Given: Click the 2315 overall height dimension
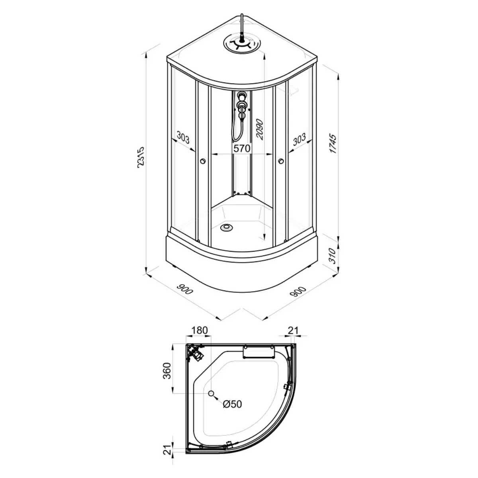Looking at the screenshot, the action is click(x=141, y=158).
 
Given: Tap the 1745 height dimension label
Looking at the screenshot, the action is click(x=333, y=144).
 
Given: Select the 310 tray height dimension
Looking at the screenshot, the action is click(x=332, y=255).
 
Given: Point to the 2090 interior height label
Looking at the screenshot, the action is click(x=259, y=129).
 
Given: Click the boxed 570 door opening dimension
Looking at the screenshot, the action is click(x=242, y=148).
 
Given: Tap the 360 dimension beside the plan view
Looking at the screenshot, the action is click(x=167, y=371).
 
